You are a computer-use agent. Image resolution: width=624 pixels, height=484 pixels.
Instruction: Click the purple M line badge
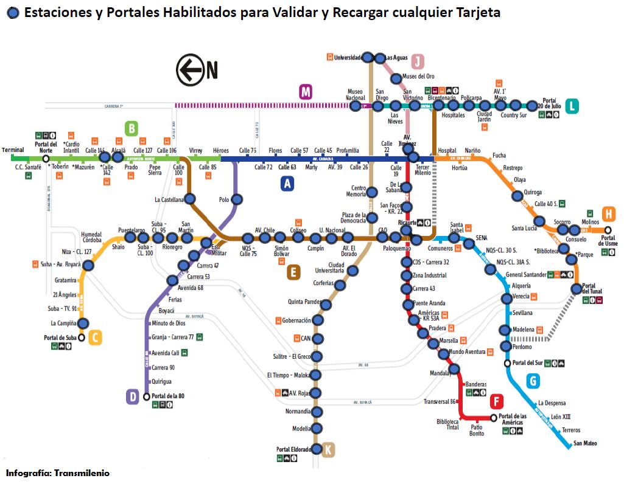click(306, 92)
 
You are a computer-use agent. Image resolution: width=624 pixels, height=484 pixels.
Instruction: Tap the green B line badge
click(131, 128)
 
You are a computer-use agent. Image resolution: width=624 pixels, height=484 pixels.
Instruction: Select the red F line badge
click(497, 401)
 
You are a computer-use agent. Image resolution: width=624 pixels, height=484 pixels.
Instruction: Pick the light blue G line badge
click(533, 381)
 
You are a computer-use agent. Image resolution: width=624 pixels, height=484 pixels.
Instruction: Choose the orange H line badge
click(609, 214)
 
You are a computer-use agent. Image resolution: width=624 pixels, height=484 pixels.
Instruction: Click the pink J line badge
click(418, 61)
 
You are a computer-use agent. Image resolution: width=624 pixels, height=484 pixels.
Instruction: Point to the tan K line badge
click(328, 450)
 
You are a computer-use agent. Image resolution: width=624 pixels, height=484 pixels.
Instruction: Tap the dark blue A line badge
click(287, 183)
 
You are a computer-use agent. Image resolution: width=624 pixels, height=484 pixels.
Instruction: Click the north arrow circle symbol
click(189, 70)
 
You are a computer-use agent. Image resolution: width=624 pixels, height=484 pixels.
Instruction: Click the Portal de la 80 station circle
click(146, 396)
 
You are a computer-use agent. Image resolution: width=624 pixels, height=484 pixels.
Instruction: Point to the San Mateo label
click(586, 443)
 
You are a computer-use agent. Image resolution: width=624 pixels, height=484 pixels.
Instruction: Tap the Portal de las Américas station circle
click(493, 418)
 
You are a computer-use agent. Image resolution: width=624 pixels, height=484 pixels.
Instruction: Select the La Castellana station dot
click(190, 199)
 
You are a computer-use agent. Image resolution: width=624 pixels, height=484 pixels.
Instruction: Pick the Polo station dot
click(237, 199)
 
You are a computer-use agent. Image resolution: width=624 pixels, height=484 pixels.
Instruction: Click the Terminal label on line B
click(13, 150)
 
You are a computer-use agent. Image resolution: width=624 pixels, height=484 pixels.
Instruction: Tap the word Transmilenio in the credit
click(81, 472)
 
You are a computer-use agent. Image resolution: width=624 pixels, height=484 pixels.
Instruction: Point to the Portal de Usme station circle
click(608, 230)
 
